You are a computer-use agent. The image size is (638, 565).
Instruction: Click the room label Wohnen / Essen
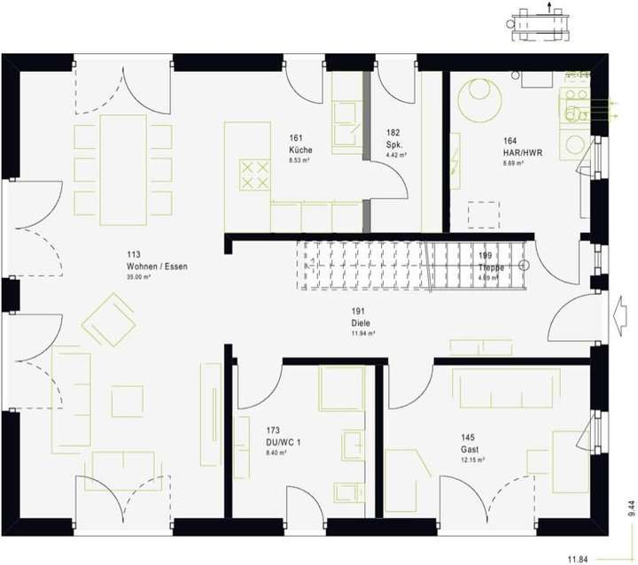click(x=157, y=266)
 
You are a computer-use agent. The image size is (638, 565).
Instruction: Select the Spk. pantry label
click(x=395, y=143)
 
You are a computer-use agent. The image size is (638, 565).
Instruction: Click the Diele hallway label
click(x=359, y=322)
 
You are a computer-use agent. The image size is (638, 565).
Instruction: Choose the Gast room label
click(x=469, y=449)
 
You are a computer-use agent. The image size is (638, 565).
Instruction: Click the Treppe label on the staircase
click(x=491, y=267)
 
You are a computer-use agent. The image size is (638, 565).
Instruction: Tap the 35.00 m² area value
click(x=138, y=277)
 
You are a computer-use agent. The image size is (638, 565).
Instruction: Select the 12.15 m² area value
click(x=471, y=461)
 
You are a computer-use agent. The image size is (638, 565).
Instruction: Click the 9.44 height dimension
click(x=631, y=507)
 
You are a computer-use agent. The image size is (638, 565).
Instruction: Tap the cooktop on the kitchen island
click(x=255, y=172)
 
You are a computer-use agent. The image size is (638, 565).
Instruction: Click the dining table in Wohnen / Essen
click(x=123, y=167)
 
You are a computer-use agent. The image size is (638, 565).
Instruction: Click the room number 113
click(x=134, y=254)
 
